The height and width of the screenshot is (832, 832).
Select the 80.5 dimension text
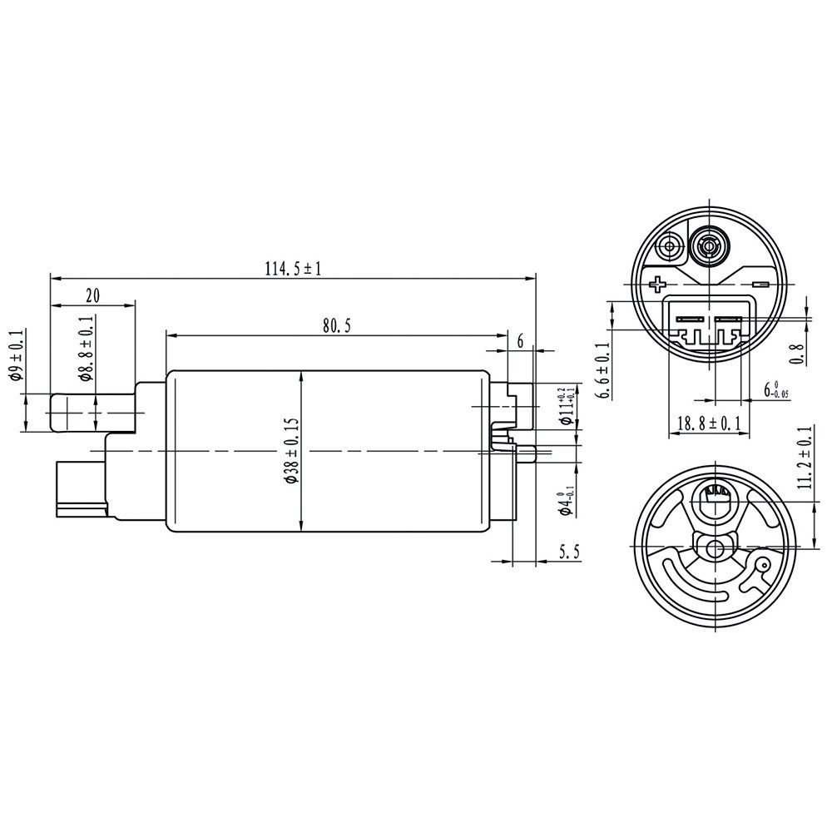point(335,326)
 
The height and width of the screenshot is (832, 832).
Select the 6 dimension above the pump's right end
point(520,340)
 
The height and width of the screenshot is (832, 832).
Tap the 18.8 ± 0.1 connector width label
point(709,423)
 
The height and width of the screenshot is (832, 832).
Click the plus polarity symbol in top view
point(657,285)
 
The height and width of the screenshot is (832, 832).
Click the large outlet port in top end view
point(709,246)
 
